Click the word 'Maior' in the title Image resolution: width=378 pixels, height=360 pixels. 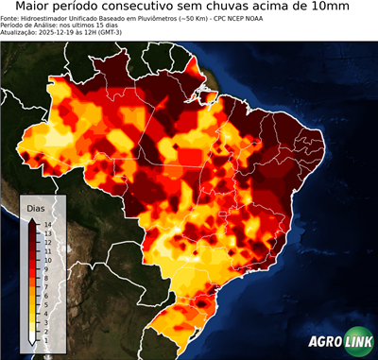[x=38, y=8]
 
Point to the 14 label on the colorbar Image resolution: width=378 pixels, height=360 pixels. [x=46, y=224]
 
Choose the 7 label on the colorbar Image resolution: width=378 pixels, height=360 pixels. [x=46, y=280]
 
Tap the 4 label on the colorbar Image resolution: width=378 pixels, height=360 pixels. [x=46, y=303]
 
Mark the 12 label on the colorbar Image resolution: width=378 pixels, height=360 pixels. [x=46, y=240]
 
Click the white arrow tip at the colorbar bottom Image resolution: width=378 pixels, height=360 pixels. [x=32, y=339]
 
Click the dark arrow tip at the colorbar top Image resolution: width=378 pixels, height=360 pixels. [x=32, y=219]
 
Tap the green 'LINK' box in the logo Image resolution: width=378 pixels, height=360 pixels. [x=355, y=344]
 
